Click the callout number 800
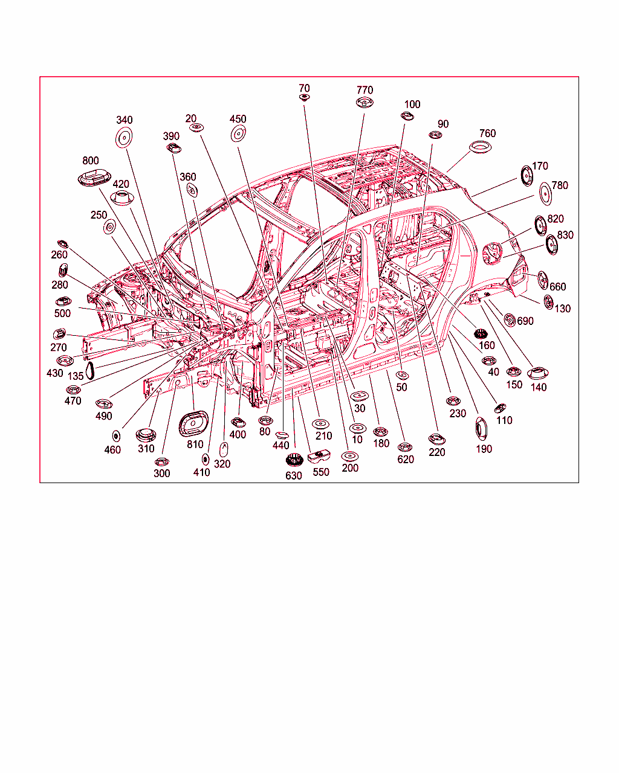(90, 161)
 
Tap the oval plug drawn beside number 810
(193, 424)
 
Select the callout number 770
(365, 90)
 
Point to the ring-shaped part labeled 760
(480, 147)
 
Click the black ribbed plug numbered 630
(294, 460)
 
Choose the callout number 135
(76, 376)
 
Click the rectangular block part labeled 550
(319, 457)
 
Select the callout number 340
(124, 120)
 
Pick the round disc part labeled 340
(124, 137)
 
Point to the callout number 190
(484, 449)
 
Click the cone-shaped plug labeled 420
(122, 198)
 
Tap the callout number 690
(525, 321)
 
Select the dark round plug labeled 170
(527, 176)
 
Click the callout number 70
(304, 88)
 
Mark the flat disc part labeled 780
(546, 194)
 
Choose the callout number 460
(112, 450)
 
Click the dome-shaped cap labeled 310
(146, 435)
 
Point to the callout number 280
(60, 285)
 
